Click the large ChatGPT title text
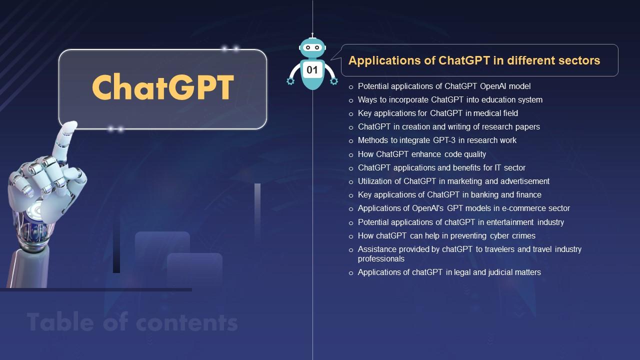(163, 88)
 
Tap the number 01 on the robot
(312, 70)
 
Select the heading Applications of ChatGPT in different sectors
(474, 60)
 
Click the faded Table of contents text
(132, 322)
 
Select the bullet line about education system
(450, 100)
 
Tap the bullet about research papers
(448, 127)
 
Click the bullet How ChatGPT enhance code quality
(421, 154)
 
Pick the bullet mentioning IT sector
(441, 168)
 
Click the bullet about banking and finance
(449, 195)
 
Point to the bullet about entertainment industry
(460, 222)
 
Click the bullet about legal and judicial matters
(449, 272)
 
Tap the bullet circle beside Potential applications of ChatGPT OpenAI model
(351, 87)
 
